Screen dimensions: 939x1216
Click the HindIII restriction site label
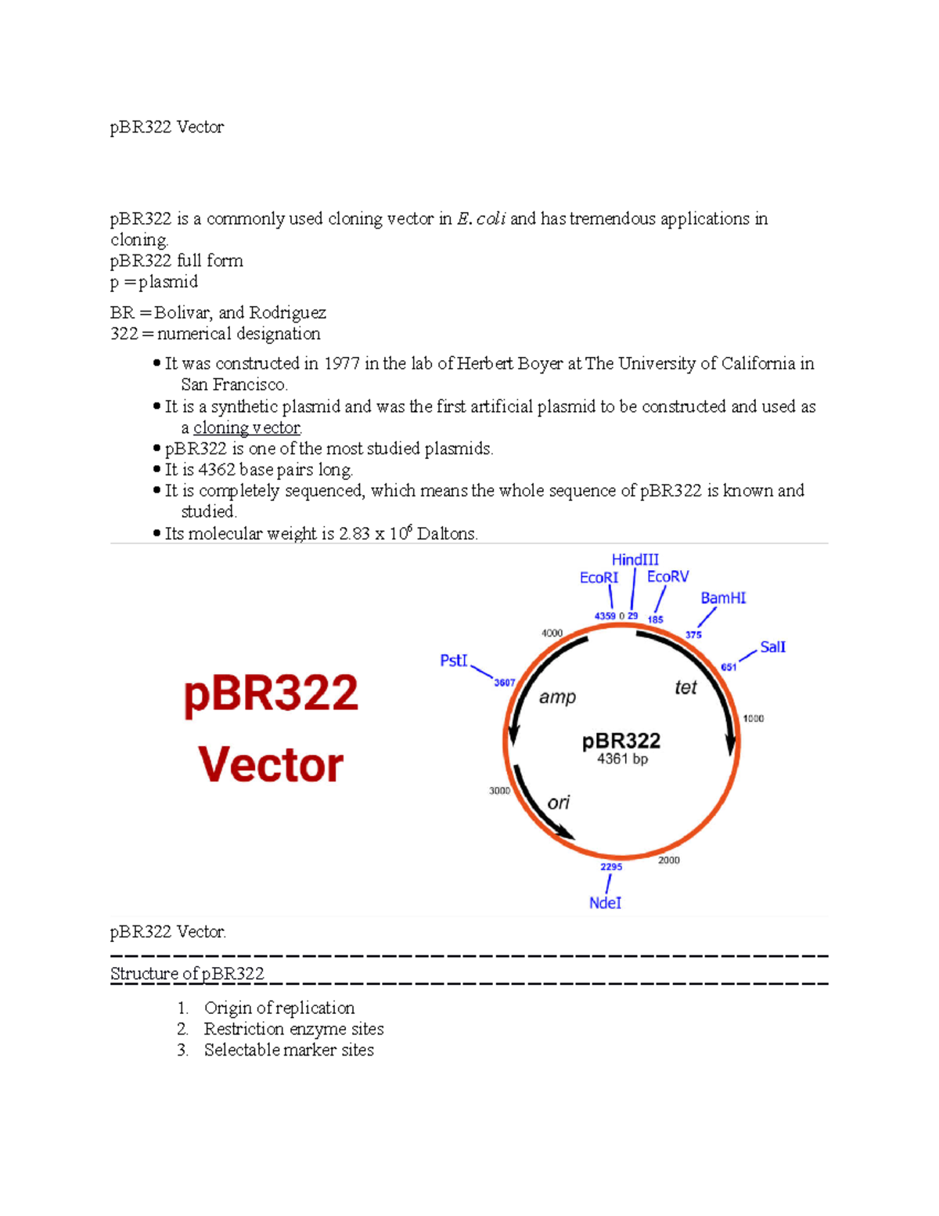(x=635, y=560)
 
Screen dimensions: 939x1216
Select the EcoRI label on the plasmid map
(x=599, y=578)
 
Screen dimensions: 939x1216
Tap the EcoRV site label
(x=667, y=576)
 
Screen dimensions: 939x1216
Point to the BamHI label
(x=723, y=598)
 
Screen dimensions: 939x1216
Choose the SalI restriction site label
(x=772, y=647)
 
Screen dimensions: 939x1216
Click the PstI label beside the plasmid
(x=453, y=661)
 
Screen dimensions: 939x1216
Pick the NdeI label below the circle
(x=605, y=903)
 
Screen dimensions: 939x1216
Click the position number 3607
(x=504, y=683)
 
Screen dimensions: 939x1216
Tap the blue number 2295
(x=611, y=867)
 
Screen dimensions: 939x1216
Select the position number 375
(x=693, y=634)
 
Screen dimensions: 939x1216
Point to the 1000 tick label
(x=753, y=718)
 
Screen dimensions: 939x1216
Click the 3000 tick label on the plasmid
(x=499, y=791)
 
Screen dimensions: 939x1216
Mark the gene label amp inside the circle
(x=557, y=697)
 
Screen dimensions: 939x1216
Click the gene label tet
(x=685, y=687)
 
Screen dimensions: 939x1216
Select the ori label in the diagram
(x=558, y=803)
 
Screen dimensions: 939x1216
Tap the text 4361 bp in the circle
(x=622, y=759)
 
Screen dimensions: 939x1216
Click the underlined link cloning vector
(x=246, y=428)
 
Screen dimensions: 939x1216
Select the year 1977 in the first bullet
(x=341, y=364)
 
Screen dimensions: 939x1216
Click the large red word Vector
(x=271, y=764)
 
